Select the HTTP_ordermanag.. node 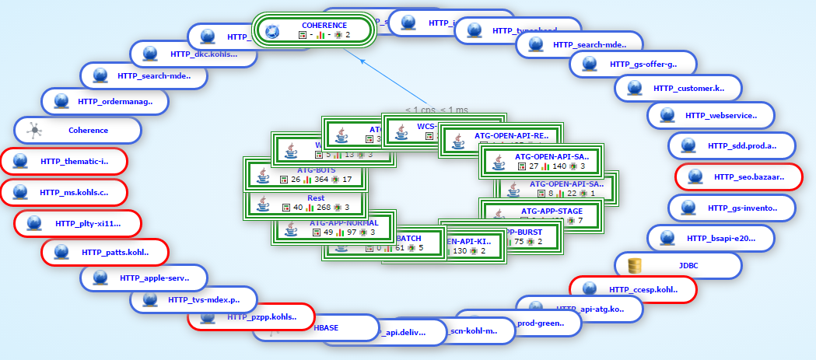(x=105, y=101)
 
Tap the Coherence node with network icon (x=78, y=131)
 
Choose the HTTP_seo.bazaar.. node (x=738, y=177)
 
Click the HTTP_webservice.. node (x=720, y=116)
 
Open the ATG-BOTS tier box (x=306, y=175)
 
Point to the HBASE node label (x=326, y=327)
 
